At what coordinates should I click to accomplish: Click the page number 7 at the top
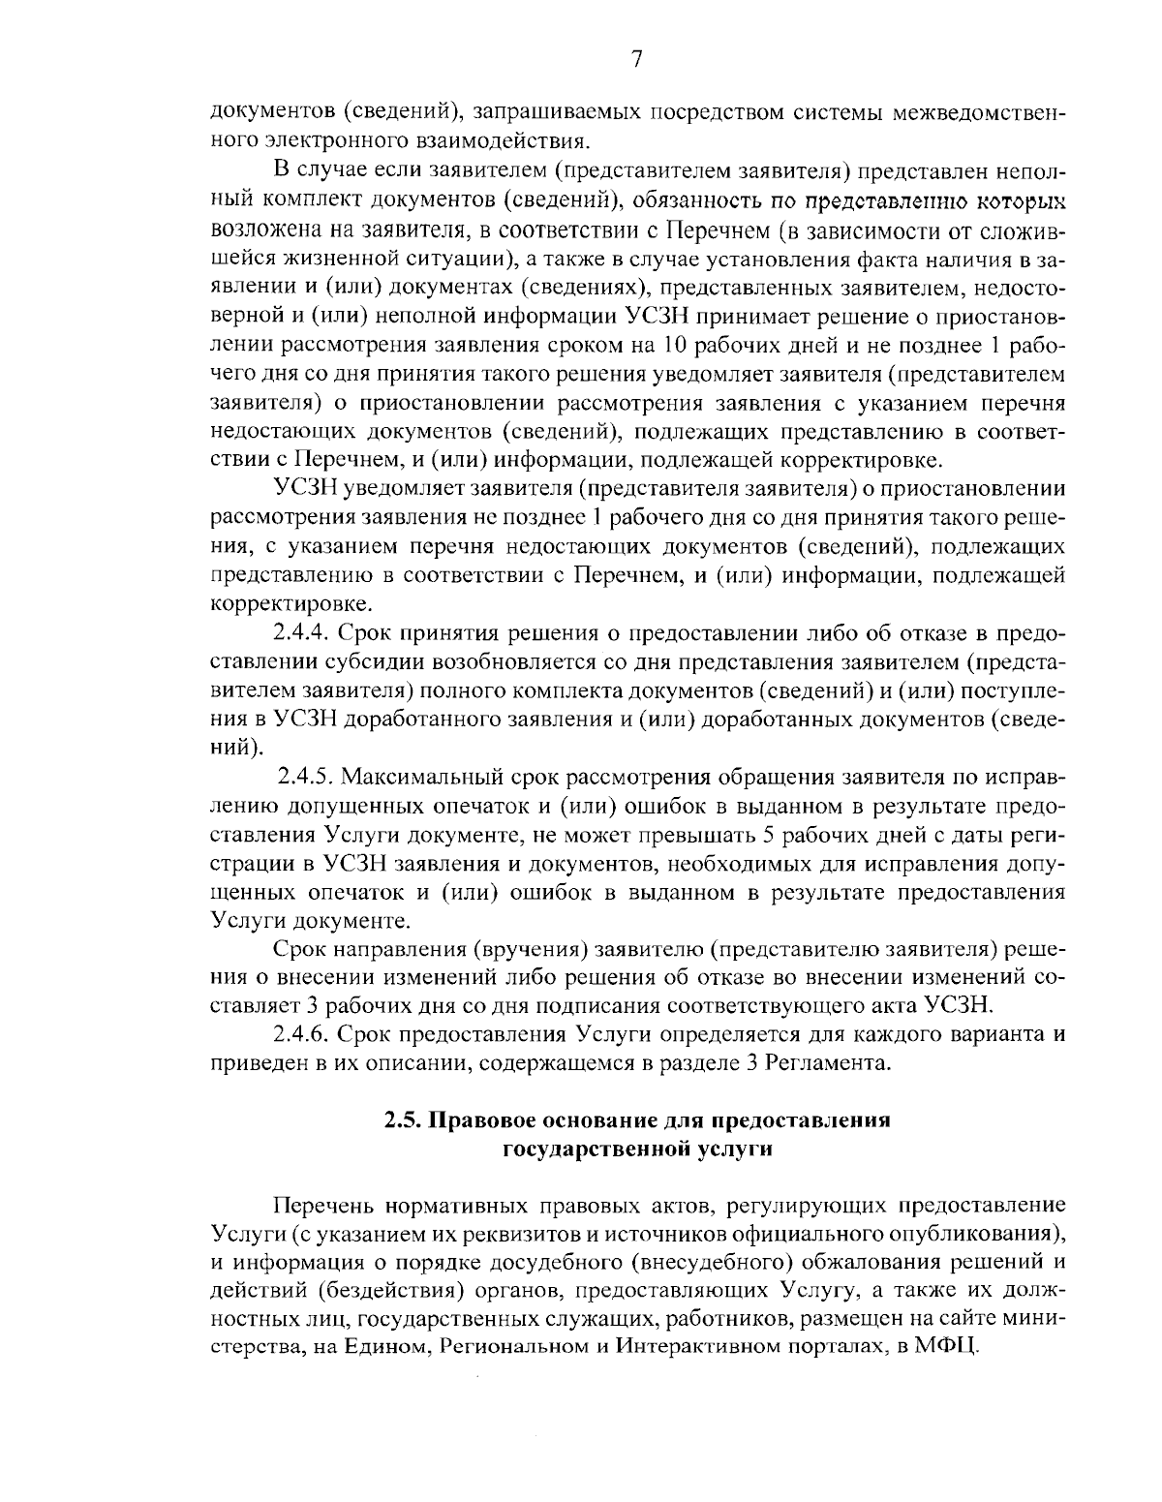point(636,60)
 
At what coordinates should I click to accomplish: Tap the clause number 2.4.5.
point(307,777)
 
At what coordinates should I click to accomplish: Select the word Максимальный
point(428,777)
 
